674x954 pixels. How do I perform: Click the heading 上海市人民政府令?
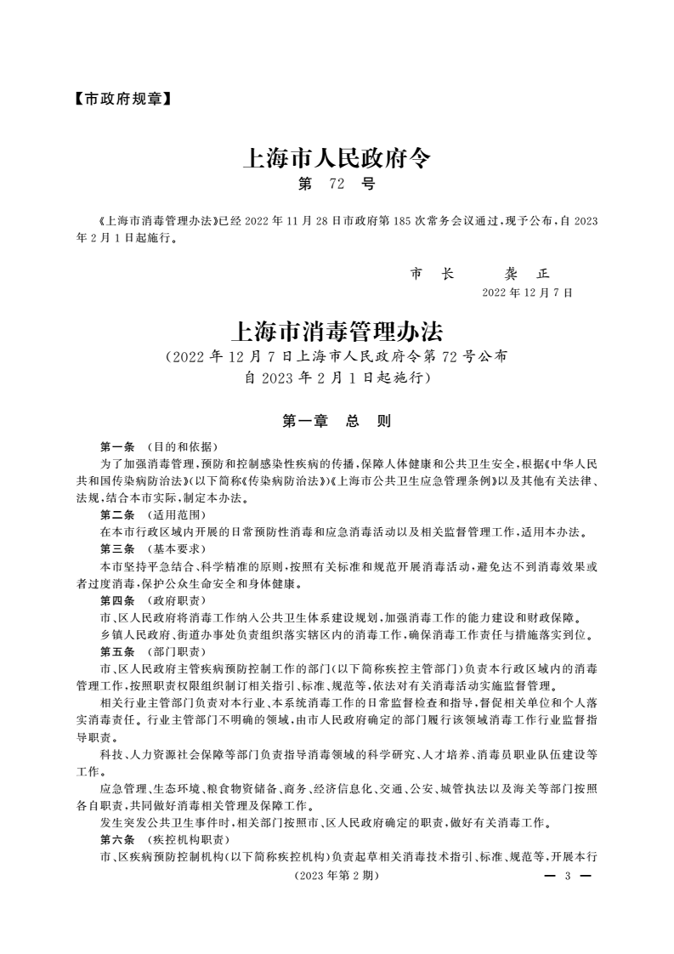tap(337, 158)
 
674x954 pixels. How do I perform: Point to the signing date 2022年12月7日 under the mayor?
tap(527, 292)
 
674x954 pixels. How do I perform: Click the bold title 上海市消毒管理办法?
tap(337, 329)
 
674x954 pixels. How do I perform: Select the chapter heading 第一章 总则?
tap(337, 421)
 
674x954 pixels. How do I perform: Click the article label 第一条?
tap(117, 446)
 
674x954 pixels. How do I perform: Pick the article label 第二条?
tap(117, 515)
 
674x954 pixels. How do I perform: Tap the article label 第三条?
tap(117, 549)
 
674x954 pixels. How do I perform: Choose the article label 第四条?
tap(117, 600)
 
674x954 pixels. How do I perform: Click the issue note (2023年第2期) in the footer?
tap(336, 876)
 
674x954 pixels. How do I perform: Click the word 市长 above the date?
tap(432, 274)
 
